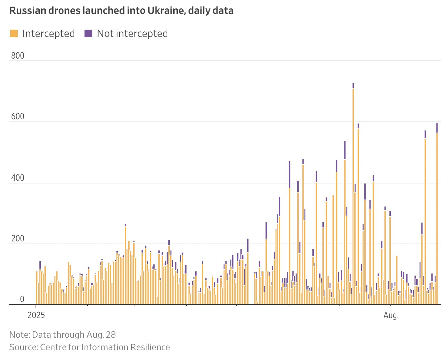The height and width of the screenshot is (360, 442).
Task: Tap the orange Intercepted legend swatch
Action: point(14,33)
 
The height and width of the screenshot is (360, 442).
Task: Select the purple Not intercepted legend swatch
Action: point(89,33)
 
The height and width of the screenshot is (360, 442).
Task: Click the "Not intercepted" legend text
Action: point(132,33)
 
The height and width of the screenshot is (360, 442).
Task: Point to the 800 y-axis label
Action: point(17,56)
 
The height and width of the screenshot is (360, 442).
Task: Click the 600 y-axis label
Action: point(17,117)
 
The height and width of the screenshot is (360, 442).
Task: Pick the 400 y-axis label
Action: point(17,178)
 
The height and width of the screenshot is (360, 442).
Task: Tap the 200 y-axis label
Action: point(17,239)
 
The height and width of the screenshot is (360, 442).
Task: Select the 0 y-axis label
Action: point(22,299)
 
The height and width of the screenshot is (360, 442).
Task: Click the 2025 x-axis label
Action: point(36,315)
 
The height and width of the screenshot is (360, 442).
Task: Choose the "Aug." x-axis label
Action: point(391,315)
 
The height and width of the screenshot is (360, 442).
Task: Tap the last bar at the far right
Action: point(437,216)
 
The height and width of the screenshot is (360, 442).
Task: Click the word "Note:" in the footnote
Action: point(20,335)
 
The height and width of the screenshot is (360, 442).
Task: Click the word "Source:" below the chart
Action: point(23,347)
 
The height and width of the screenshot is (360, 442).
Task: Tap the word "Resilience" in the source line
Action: point(150,347)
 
